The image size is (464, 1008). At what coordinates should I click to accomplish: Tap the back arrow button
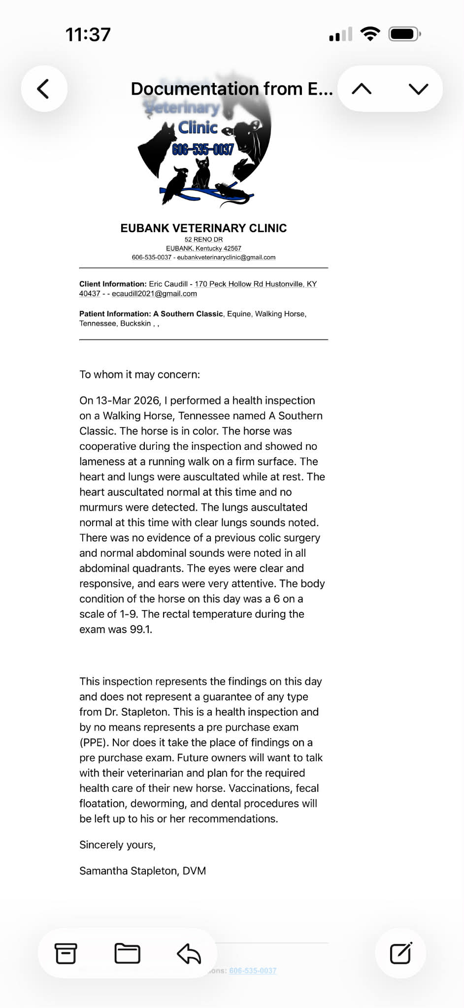[x=44, y=89]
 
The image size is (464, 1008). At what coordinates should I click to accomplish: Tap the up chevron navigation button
[x=362, y=89]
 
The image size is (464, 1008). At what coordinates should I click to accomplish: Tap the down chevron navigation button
[x=418, y=89]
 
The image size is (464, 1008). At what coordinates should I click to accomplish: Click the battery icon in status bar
[x=404, y=34]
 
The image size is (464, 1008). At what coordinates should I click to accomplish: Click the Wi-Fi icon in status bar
[x=370, y=34]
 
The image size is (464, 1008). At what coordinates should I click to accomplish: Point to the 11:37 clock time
[x=88, y=35]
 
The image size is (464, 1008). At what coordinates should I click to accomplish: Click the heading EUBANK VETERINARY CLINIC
[x=203, y=228]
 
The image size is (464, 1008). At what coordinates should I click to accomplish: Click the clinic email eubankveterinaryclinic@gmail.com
[x=226, y=257]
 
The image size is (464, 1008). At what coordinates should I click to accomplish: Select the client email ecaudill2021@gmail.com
[x=154, y=294]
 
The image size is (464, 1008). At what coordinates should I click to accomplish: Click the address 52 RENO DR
[x=203, y=239]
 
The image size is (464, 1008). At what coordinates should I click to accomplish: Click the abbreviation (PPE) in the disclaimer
[x=93, y=742]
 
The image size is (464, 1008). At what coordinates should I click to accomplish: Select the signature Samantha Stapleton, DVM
[x=143, y=871]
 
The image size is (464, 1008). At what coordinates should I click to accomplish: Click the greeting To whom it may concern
[x=140, y=374]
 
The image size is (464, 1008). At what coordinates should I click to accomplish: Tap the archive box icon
[x=66, y=953]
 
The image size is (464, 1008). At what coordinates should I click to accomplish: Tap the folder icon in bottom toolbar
[x=127, y=953]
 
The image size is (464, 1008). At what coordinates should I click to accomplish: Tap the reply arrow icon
[x=189, y=953]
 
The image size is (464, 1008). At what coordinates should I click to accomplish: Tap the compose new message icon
[x=400, y=953]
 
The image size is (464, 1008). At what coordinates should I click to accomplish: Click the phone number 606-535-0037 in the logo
[x=202, y=149]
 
